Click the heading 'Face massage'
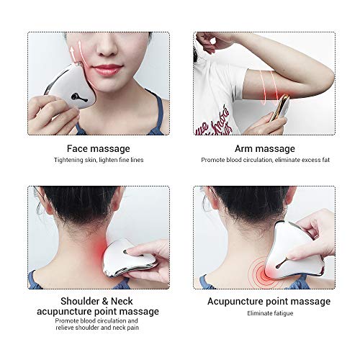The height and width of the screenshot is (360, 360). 99,149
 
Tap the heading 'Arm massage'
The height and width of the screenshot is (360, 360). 265,149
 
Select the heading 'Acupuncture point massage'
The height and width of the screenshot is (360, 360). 269,302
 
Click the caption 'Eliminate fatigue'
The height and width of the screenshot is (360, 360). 270,313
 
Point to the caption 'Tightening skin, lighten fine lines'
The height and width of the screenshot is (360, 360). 99,160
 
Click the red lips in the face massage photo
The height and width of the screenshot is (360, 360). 108,69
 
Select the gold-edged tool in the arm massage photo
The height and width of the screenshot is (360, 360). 281,108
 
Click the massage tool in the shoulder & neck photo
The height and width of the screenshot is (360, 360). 128,258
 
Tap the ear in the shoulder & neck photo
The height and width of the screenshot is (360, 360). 117,200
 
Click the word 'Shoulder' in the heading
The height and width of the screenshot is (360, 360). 80,301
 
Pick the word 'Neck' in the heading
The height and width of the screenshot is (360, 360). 122,301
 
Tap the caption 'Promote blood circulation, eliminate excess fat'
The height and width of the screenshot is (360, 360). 265,160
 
